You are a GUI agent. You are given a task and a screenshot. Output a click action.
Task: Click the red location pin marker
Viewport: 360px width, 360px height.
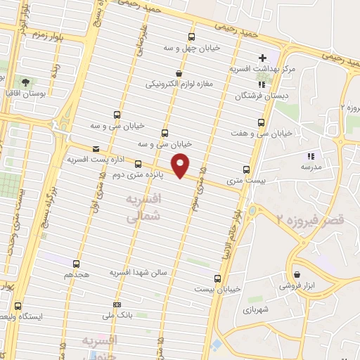181,165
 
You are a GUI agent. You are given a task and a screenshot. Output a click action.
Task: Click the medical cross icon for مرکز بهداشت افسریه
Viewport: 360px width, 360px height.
263,58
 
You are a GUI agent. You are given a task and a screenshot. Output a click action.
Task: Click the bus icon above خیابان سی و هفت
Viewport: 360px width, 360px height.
262,122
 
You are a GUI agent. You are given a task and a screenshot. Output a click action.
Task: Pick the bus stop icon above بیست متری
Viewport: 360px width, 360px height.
246,169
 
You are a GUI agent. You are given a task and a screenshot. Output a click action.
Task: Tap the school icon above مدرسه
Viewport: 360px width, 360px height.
311,156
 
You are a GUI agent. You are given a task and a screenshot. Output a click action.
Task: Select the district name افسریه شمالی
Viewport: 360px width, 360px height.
143,209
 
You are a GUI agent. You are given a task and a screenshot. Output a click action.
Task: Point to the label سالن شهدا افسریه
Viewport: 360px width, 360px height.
137,271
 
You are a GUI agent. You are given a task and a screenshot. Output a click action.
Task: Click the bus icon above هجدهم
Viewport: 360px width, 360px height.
76,264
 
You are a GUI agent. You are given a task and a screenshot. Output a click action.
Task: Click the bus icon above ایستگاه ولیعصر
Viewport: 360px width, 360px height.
18,307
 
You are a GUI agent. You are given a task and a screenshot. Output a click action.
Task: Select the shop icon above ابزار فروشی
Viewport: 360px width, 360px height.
298,275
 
